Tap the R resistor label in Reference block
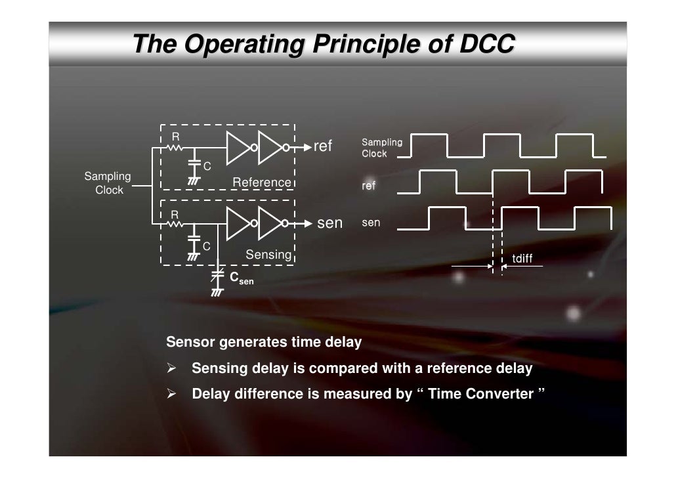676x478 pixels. (175, 137)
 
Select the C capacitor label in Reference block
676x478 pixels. (206, 166)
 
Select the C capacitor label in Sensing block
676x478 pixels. (206, 246)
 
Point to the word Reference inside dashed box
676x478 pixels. (261, 182)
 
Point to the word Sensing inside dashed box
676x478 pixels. (268, 254)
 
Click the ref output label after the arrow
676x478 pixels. (324, 146)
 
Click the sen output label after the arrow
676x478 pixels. (329, 223)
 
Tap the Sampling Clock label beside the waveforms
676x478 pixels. (382, 148)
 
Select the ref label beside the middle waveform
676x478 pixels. (369, 186)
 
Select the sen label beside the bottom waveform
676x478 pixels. (371, 223)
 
